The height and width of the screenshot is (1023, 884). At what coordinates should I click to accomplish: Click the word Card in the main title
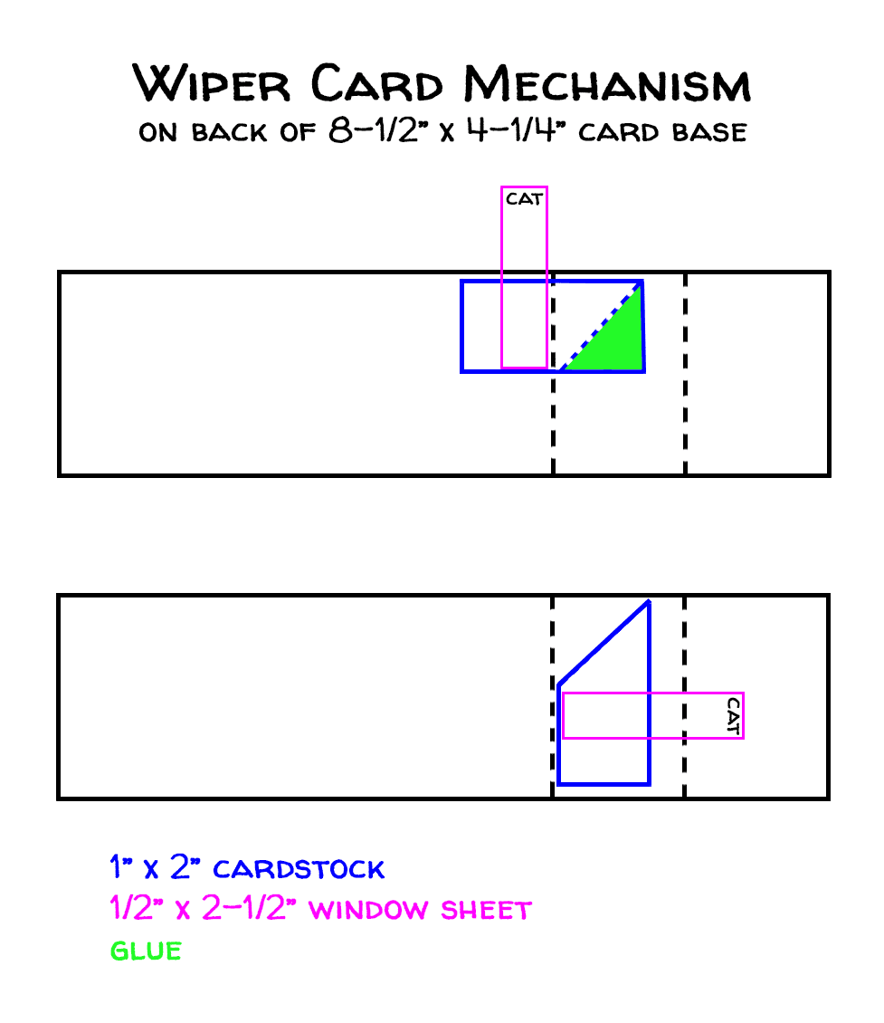(x=378, y=83)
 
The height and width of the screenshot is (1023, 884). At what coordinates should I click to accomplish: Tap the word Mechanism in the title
(x=607, y=83)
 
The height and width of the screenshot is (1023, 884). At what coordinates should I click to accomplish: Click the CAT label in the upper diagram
(x=525, y=198)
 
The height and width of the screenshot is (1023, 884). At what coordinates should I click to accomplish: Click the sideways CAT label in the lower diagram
(x=733, y=714)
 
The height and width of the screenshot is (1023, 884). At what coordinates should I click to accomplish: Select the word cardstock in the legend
(x=299, y=870)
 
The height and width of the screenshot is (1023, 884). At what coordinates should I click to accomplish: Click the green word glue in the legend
(x=146, y=951)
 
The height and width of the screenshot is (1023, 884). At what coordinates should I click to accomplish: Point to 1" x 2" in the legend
(x=147, y=869)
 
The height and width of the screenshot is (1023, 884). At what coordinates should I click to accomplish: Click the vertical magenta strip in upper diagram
(x=525, y=290)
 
